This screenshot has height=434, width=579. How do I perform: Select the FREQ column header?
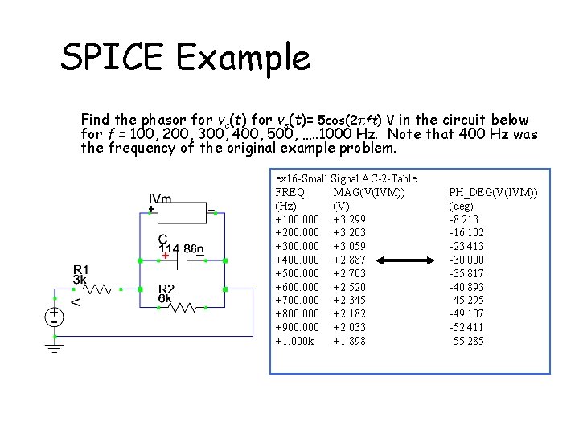(290, 192)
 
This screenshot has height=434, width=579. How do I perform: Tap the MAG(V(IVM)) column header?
(368, 192)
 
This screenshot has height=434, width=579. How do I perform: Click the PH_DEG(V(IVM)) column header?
(493, 192)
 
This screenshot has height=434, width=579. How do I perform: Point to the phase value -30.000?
(466, 260)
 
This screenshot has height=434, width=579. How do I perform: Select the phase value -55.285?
(466, 342)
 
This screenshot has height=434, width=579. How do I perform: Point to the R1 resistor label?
(81, 268)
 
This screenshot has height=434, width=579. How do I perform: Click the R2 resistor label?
(166, 289)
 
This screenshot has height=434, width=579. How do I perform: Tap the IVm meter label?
(159, 199)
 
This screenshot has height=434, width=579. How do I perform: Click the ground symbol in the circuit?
(55, 346)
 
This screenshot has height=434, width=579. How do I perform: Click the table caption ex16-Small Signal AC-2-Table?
(346, 178)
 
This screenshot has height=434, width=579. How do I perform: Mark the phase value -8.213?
(464, 219)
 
